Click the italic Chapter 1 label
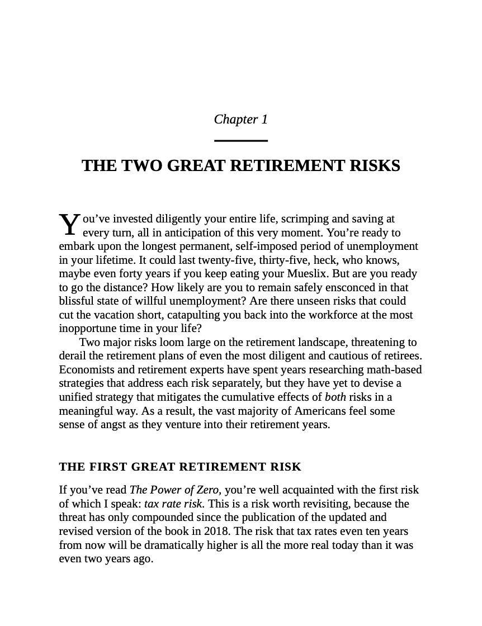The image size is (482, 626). pyautogui.click(x=241, y=120)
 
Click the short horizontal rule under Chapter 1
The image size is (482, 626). pyautogui.click(x=241, y=140)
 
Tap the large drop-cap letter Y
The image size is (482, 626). pyautogui.click(x=69, y=225)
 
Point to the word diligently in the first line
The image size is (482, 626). pyautogui.click(x=179, y=219)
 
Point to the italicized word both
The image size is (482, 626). pyautogui.click(x=335, y=397)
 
